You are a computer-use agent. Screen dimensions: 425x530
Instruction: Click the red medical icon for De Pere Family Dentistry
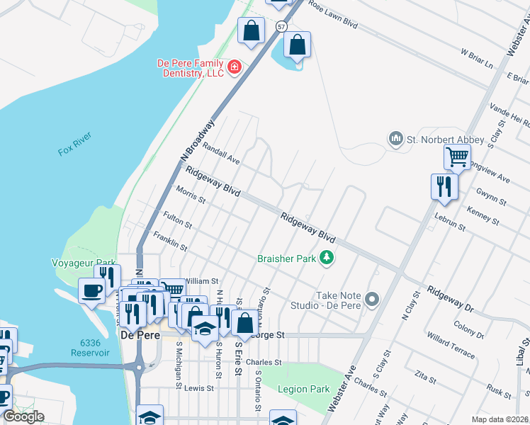234,68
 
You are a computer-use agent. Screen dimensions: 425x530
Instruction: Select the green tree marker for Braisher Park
327,259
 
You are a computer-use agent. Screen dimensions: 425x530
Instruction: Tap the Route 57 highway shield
282,26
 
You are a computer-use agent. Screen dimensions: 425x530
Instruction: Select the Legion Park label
304,389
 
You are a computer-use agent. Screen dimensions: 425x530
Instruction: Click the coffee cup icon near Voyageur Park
92,290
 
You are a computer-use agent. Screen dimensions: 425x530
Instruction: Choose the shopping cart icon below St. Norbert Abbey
458,157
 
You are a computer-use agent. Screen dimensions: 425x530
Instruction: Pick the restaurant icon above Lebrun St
444,186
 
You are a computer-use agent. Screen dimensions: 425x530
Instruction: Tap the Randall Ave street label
221,152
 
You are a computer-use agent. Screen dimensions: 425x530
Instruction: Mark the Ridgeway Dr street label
449,300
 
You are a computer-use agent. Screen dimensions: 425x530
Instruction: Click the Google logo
23,416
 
